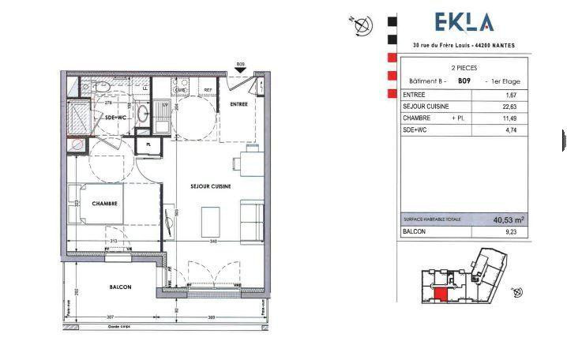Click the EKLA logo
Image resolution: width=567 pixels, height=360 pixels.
pyautogui.click(x=464, y=23)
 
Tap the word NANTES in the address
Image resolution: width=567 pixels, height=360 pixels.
pyautogui.click(x=501, y=45)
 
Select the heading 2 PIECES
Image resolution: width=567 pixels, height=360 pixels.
pyautogui.click(x=464, y=69)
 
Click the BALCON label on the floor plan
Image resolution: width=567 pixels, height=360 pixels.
pyautogui.click(x=121, y=287)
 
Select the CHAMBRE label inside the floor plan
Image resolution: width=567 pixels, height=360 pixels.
pyautogui.click(x=105, y=203)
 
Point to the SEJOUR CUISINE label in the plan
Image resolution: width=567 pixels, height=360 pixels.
pyautogui.click(x=209, y=186)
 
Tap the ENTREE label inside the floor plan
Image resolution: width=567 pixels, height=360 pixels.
pyautogui.click(x=238, y=104)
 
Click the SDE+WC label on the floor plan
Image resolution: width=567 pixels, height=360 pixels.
pyautogui.click(x=115, y=117)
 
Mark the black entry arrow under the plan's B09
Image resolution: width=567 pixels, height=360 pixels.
pyautogui.click(x=240, y=71)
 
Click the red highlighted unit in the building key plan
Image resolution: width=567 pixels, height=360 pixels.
pyautogui.click(x=441, y=294)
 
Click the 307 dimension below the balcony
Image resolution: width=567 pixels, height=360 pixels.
pyautogui.click(x=110, y=317)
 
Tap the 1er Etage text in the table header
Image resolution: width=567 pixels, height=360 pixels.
pyautogui.click(x=505, y=81)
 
